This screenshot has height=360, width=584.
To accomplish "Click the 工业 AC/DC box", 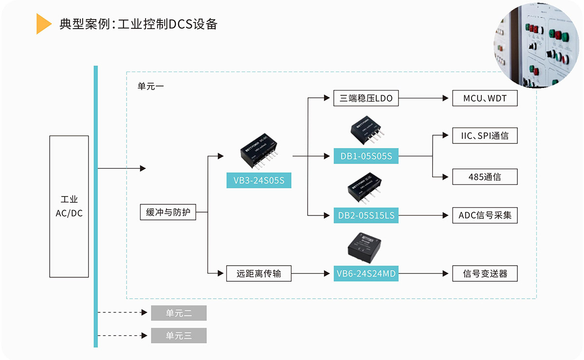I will coord(69,206).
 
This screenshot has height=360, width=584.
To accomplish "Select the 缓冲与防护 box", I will coord(168,213).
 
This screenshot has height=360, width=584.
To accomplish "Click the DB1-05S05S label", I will coord(366,157).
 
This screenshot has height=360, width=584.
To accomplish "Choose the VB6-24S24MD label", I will coord(366,274).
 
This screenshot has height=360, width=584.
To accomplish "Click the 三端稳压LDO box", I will coord(366,98).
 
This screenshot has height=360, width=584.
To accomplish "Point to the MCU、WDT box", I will coord(485,98).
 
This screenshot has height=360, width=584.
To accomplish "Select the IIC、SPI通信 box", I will coord(485,136).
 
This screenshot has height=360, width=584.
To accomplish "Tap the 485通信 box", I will coord(485,177).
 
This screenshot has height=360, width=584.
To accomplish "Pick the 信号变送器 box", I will coord(485,274).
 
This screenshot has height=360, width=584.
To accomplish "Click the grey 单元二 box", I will coord(179,313).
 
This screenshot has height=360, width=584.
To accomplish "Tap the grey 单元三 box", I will coord(179,336).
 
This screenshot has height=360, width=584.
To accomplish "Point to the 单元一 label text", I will coord(151,86).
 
